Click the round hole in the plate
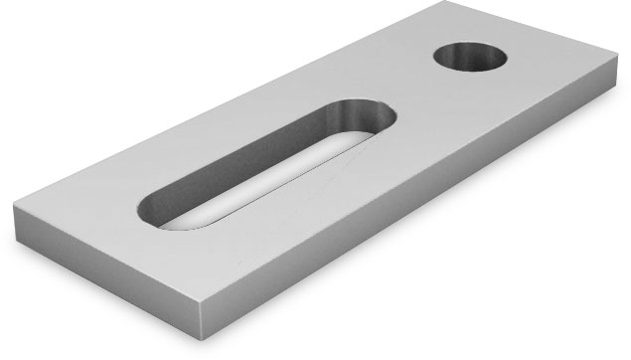click(x=470, y=58)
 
